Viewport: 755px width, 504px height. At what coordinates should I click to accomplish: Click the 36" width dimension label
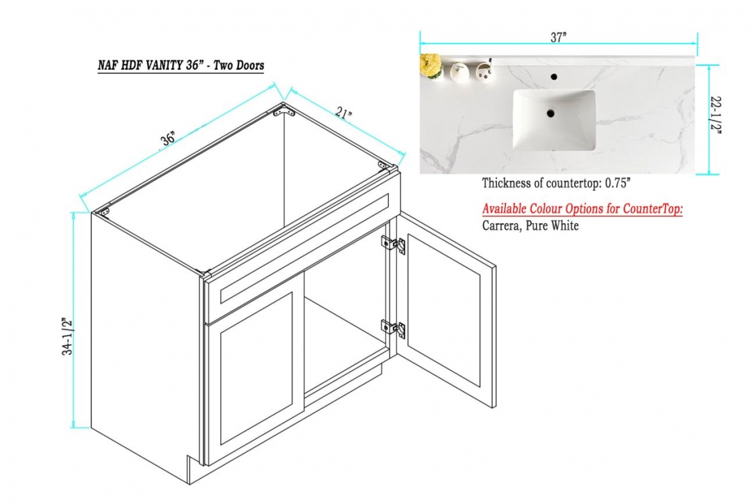[168, 139]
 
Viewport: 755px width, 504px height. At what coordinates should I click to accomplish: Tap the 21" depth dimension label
[343, 113]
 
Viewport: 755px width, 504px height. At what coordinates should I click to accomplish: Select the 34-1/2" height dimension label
[67, 336]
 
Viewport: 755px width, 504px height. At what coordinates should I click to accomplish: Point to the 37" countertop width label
[558, 38]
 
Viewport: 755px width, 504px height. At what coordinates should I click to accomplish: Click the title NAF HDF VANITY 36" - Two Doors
[181, 65]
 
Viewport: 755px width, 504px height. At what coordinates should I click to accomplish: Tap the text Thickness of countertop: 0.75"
[556, 183]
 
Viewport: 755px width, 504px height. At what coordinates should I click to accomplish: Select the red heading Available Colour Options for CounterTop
[582, 208]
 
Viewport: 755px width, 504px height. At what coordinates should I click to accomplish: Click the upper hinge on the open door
[394, 245]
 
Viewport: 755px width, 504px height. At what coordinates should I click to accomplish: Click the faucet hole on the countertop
[553, 76]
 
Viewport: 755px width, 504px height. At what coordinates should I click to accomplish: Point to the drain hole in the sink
[550, 114]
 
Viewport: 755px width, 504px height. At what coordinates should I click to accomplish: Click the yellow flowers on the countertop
[431, 65]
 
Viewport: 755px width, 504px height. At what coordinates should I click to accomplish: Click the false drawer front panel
[304, 248]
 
